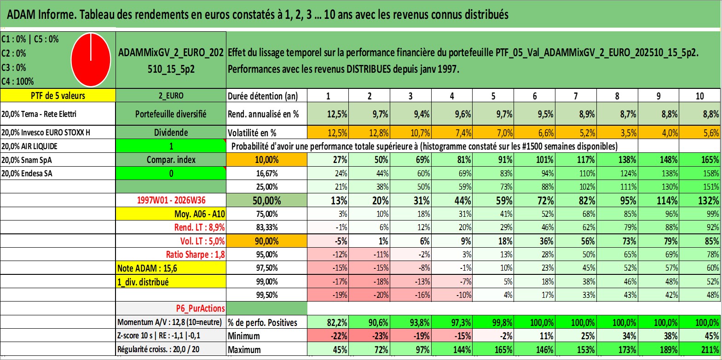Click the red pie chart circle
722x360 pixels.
pyautogui.click(x=91, y=60)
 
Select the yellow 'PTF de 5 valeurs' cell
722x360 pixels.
pyautogui.click(x=58, y=95)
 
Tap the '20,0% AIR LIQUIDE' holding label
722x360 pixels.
pyautogui.click(x=29, y=146)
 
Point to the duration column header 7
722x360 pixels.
pyautogui.click(x=576, y=96)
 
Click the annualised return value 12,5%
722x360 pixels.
pyautogui.click(x=337, y=114)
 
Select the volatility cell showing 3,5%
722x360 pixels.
pyautogui.click(x=628, y=133)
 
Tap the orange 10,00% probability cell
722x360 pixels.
pyautogui.click(x=266, y=160)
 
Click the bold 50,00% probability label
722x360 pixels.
pyautogui.click(x=266, y=200)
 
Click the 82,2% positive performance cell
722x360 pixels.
pyautogui.click(x=337, y=322)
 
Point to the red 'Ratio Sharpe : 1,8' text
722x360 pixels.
pyautogui.click(x=195, y=255)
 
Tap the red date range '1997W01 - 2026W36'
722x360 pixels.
pyautogui.click(x=171, y=200)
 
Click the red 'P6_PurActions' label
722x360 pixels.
pyautogui.click(x=200, y=308)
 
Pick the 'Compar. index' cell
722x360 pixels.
pyautogui.click(x=171, y=160)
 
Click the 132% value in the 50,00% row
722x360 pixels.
pyautogui.click(x=708, y=200)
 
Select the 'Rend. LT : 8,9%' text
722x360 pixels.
pyautogui.click(x=199, y=227)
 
